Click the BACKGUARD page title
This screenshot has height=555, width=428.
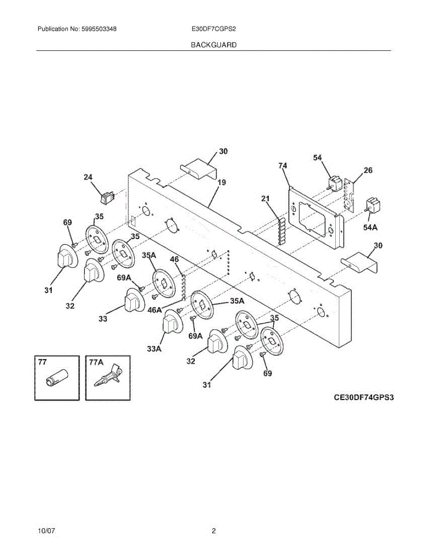click(x=214, y=45)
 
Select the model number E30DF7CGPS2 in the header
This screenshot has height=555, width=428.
click(x=214, y=29)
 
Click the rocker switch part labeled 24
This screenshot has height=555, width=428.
click(x=109, y=198)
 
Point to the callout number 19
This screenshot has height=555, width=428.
click(x=222, y=182)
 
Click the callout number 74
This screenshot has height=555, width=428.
click(x=283, y=165)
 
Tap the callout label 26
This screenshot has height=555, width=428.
click(x=368, y=170)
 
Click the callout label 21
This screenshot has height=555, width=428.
click(x=265, y=198)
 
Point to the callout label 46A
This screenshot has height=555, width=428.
click(x=155, y=310)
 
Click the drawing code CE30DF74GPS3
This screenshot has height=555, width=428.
click(x=364, y=397)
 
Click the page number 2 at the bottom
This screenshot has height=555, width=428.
click(x=214, y=531)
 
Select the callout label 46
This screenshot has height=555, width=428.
click(x=174, y=259)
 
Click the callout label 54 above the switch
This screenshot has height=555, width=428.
click(x=317, y=158)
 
